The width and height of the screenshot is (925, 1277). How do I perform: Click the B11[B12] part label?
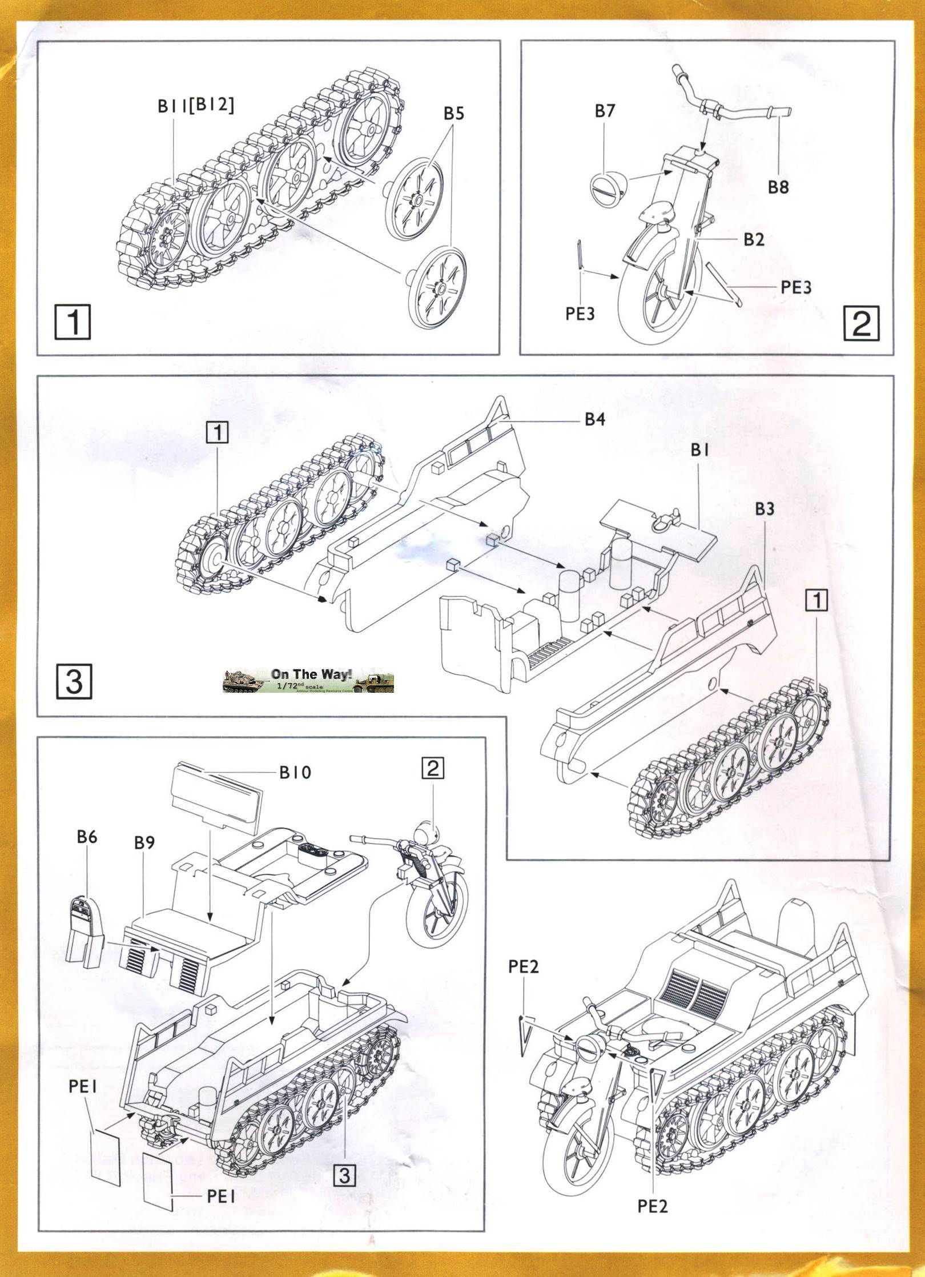tap(196, 106)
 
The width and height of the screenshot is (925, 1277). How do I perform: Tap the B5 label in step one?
tap(454, 113)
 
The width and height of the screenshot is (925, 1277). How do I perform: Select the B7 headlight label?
tap(605, 110)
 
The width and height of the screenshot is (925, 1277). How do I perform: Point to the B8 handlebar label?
tap(778, 187)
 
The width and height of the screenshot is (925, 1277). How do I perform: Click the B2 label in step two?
tap(754, 239)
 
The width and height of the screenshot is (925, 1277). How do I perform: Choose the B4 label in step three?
tap(594, 420)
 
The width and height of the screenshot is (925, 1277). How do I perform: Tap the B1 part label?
tap(699, 450)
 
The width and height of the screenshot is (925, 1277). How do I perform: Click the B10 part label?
tap(295, 773)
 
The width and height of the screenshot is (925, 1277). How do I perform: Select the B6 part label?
tap(87, 837)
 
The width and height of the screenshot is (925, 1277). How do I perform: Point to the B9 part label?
tap(144, 842)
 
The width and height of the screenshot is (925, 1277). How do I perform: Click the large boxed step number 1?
tap(73, 322)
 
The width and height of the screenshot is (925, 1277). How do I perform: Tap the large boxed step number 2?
tap(861, 323)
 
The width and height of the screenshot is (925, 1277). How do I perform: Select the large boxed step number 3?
tap(74, 681)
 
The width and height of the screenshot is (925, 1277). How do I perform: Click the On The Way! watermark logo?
tap(308, 680)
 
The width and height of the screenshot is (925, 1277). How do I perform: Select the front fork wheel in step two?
tap(657, 297)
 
